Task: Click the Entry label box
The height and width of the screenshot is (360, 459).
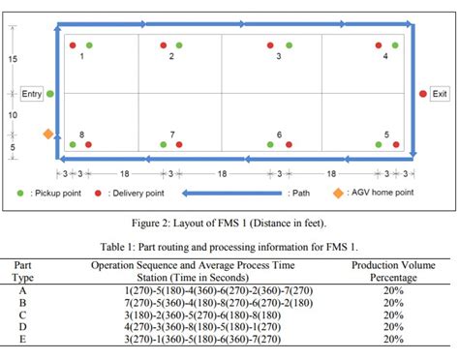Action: (30, 94)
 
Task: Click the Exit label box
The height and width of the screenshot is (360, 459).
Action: (441, 94)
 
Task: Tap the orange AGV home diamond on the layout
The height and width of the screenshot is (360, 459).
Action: (47, 134)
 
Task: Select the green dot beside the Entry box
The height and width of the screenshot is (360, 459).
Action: (50, 94)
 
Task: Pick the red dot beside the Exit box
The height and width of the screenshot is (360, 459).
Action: (422, 94)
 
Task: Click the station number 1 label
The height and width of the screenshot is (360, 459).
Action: (81, 57)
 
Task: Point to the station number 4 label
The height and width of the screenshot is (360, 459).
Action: (385, 57)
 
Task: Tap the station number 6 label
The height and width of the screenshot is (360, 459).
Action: (279, 135)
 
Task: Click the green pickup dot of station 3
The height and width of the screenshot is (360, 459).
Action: (287, 45)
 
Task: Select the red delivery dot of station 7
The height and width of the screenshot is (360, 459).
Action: (179, 144)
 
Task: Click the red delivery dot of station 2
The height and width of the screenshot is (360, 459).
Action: (164, 45)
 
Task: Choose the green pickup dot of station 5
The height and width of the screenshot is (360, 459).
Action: (378, 144)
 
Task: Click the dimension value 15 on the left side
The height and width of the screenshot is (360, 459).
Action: (13, 60)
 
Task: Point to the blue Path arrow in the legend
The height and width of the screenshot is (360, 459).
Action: (231, 193)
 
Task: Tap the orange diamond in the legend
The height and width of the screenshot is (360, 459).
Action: (338, 193)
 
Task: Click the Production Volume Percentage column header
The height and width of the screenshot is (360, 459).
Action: (393, 270)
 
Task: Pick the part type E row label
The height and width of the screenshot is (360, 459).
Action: (21, 340)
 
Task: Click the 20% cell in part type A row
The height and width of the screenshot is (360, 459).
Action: (393, 289)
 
